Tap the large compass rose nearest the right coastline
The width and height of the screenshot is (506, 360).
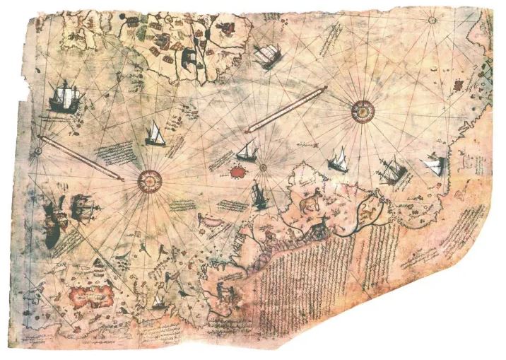pyautogui.click(x=362, y=109)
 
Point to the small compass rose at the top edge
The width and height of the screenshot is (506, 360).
pyautogui.click(x=431, y=20)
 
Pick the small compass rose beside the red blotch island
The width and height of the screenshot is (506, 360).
pyautogui.click(x=262, y=168)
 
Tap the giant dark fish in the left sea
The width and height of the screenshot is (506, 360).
pyautogui.click(x=51, y=221)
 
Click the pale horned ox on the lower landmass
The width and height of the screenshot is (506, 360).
pyautogui.click(x=308, y=204)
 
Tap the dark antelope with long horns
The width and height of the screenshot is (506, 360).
pyautogui.click(x=320, y=225)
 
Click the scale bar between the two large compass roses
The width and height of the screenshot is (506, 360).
pyautogui.click(x=286, y=109)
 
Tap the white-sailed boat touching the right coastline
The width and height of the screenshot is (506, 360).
pyautogui.click(x=433, y=167)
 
